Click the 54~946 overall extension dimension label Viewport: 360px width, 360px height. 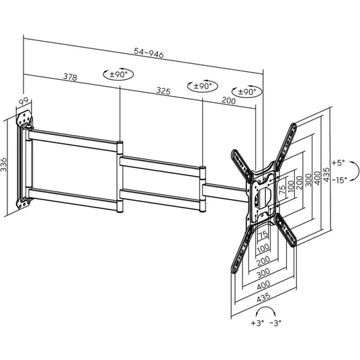(149, 53)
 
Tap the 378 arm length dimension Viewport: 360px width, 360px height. (70, 77)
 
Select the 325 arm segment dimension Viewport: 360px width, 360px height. (163, 91)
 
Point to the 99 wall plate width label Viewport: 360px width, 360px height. (24, 101)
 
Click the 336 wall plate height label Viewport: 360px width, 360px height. (4, 165)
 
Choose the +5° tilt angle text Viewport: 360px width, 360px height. (339, 163)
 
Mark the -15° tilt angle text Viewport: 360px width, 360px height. (339, 180)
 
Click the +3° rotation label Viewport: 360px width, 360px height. (257, 323)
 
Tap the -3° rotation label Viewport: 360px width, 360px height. (275, 323)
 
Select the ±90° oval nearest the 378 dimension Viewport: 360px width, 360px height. (118, 74)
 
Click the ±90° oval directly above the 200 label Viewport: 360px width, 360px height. (246, 92)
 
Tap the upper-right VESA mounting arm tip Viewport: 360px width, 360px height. (294, 125)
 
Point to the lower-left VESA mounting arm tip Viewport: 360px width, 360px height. (234, 270)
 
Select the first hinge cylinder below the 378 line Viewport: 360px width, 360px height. (120, 177)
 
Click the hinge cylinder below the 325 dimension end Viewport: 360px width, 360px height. (202, 189)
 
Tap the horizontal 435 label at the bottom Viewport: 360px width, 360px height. (263, 298)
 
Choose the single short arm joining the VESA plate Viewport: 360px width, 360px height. (226, 193)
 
